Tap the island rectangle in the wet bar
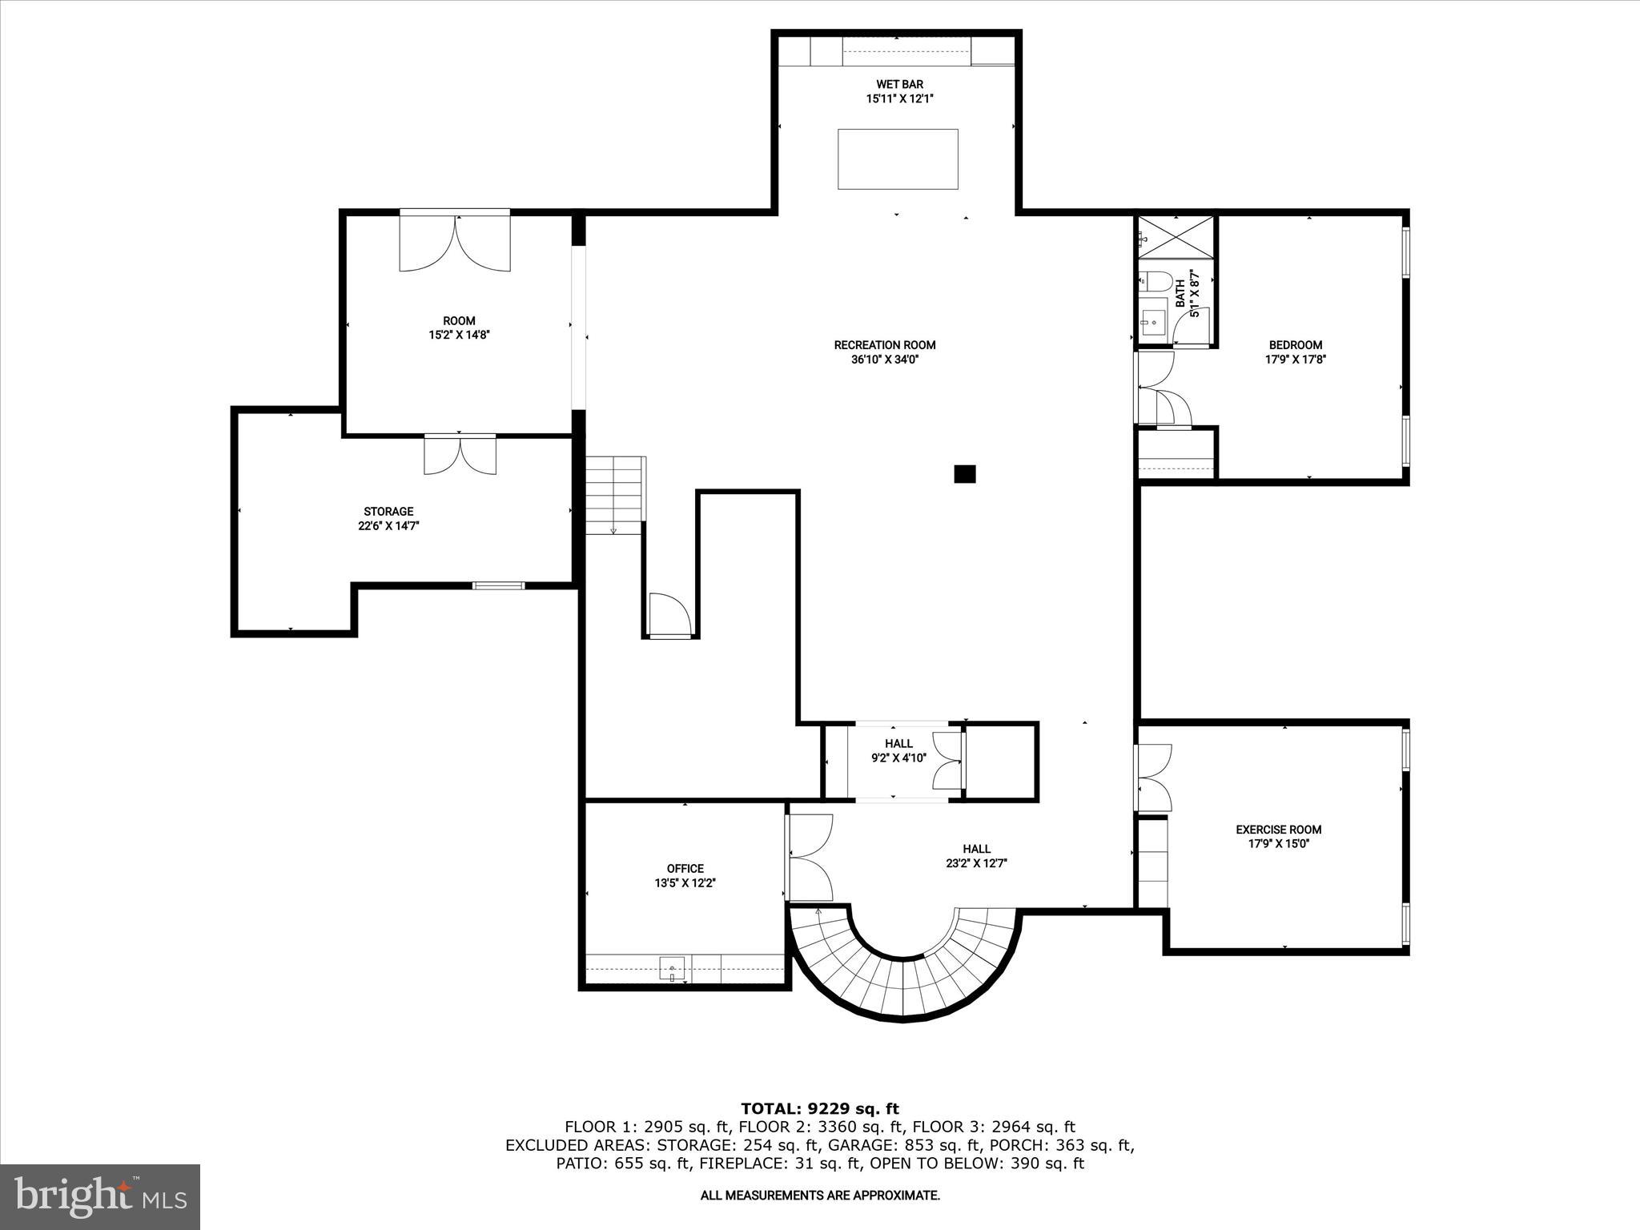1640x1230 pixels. pyautogui.click(x=898, y=159)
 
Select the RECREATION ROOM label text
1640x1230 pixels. pyautogui.click(x=884, y=345)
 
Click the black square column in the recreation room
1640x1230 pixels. pyautogui.click(x=964, y=474)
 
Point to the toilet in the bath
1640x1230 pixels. pyautogui.click(x=1154, y=282)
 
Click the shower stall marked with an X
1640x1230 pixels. pyautogui.click(x=1176, y=236)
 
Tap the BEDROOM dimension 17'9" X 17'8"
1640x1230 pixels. pyautogui.click(x=1295, y=360)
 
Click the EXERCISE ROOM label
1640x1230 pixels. pyautogui.click(x=1278, y=830)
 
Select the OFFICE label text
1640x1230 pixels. pyautogui.click(x=685, y=868)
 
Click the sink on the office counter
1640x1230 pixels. pyautogui.click(x=673, y=969)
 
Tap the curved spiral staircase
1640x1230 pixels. pyautogui.click(x=902, y=977)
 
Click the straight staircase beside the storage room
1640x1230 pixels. pyautogui.click(x=614, y=495)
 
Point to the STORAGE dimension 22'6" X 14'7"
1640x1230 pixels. pyautogui.click(x=388, y=526)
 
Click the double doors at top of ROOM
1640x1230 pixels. pyautogui.click(x=455, y=242)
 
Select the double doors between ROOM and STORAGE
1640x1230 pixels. pyautogui.click(x=460, y=454)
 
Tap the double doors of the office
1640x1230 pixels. pyautogui.click(x=810, y=858)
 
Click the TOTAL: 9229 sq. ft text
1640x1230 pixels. pyautogui.click(x=819, y=1108)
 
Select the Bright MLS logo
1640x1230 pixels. pyautogui.click(x=100, y=1196)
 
